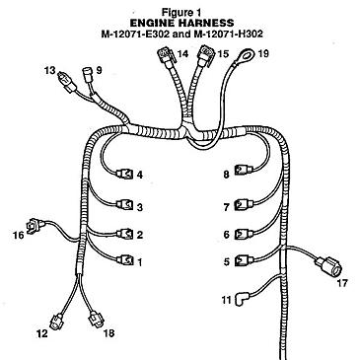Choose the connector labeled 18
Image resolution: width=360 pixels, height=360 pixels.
(97, 318)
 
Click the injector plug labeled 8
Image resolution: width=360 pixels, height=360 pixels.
(243, 174)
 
